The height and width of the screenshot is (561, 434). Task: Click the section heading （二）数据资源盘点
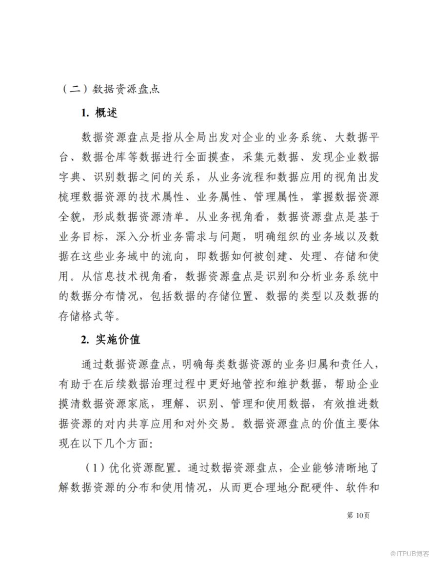pos(111,90)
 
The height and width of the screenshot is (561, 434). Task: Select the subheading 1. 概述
pos(99,113)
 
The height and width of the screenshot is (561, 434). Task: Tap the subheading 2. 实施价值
pos(111,340)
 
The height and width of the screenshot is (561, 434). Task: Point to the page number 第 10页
pos(358,515)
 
